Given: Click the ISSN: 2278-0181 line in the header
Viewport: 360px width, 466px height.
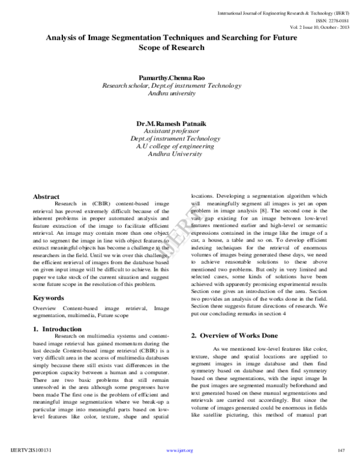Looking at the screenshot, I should (328, 19).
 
